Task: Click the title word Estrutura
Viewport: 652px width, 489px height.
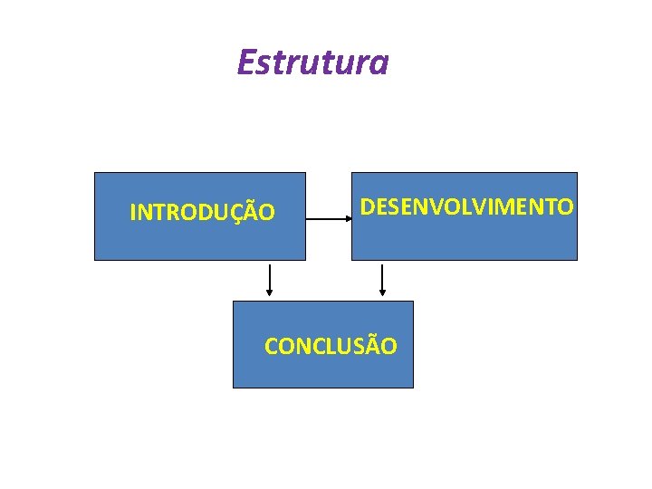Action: (312, 62)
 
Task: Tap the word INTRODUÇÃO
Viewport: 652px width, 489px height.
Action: (202, 213)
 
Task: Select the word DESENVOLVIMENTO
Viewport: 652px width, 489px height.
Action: (466, 207)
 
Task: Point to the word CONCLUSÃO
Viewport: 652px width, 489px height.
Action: (331, 346)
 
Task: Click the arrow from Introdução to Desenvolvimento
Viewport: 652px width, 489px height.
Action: (328, 218)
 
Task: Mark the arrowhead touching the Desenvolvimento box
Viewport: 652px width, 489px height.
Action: (349, 218)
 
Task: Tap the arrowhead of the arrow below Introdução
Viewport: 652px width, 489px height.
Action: (269, 292)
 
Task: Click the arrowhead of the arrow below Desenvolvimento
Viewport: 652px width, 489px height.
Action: (382, 292)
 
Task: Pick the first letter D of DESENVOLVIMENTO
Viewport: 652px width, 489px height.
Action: (368, 207)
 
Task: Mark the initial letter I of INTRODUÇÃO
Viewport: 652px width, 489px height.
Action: (133, 213)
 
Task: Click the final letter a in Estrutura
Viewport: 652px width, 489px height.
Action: (380, 63)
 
